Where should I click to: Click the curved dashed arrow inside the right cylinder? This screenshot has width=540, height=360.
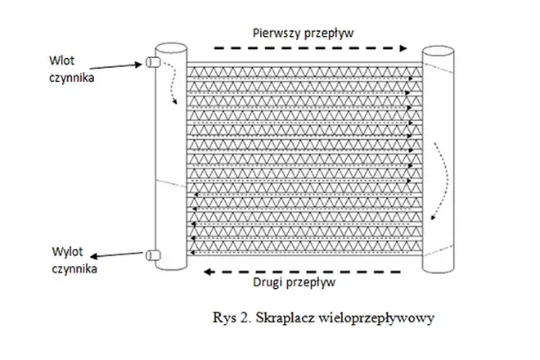(x=443, y=176)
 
